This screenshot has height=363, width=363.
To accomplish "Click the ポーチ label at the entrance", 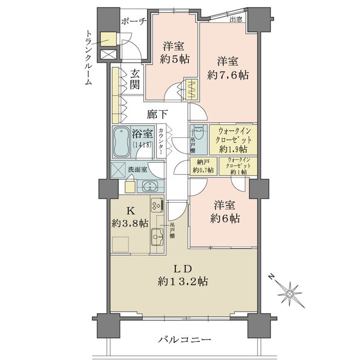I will (134, 21).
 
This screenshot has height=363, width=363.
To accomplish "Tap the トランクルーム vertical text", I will (88, 58).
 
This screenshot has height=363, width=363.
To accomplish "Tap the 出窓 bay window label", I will (237, 19).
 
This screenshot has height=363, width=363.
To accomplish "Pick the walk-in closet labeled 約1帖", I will (237, 166).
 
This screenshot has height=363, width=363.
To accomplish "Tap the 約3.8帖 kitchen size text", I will (129, 223).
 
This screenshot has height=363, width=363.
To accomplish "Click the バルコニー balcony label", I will (185, 341).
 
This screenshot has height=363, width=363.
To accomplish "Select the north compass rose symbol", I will (293, 293).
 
